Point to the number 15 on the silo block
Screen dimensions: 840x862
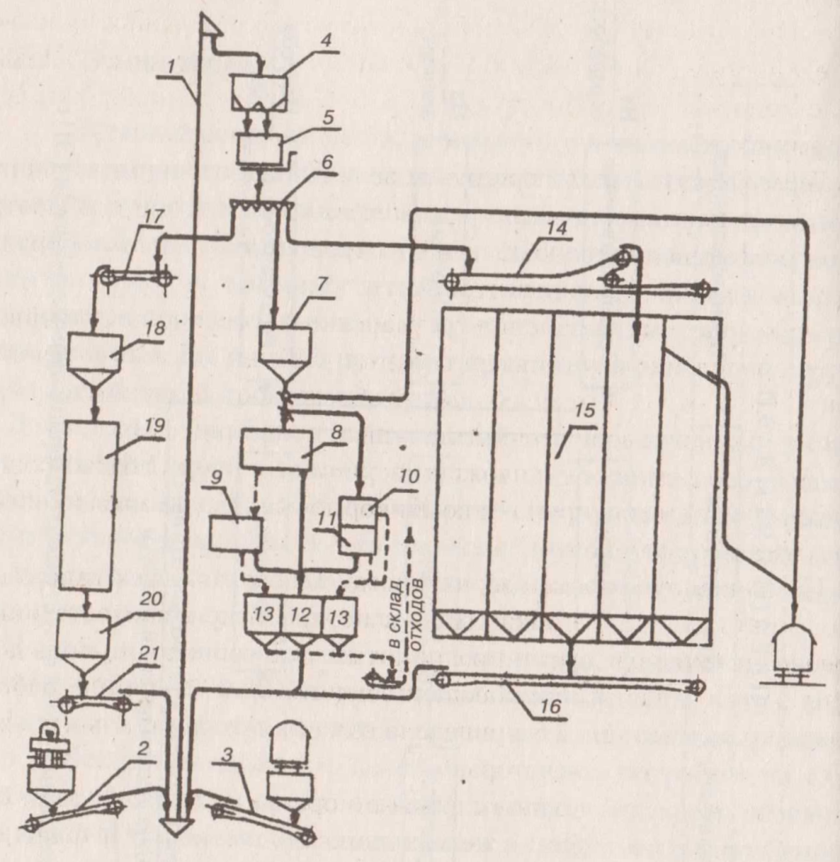point(582,413)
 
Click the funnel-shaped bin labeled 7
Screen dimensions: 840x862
point(285,349)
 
